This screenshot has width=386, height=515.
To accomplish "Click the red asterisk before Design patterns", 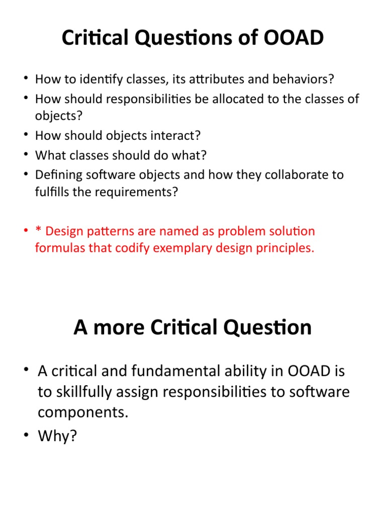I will (38, 232).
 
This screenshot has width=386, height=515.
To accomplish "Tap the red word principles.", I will (285, 248).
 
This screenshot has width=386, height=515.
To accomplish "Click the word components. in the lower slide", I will (83, 412).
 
